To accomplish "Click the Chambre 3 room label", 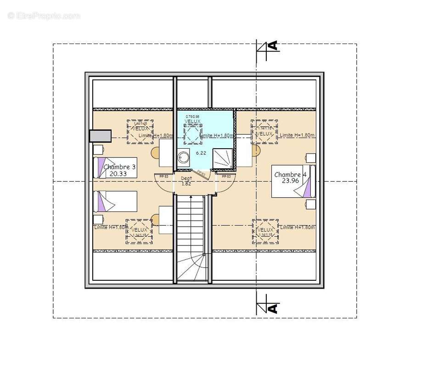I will coord(120,167).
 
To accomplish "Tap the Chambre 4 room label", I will coord(290,175).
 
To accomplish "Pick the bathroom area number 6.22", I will coord(201,152).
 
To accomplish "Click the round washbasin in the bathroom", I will coord(184,157).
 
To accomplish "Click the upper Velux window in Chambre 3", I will coord(140,132).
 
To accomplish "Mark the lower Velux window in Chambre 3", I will coord(140,232).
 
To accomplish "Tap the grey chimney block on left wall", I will coord(100,136).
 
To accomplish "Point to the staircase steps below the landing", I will coord(192,225).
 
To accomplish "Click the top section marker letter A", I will coord(273,45).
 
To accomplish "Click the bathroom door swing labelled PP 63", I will coord(201,173).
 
